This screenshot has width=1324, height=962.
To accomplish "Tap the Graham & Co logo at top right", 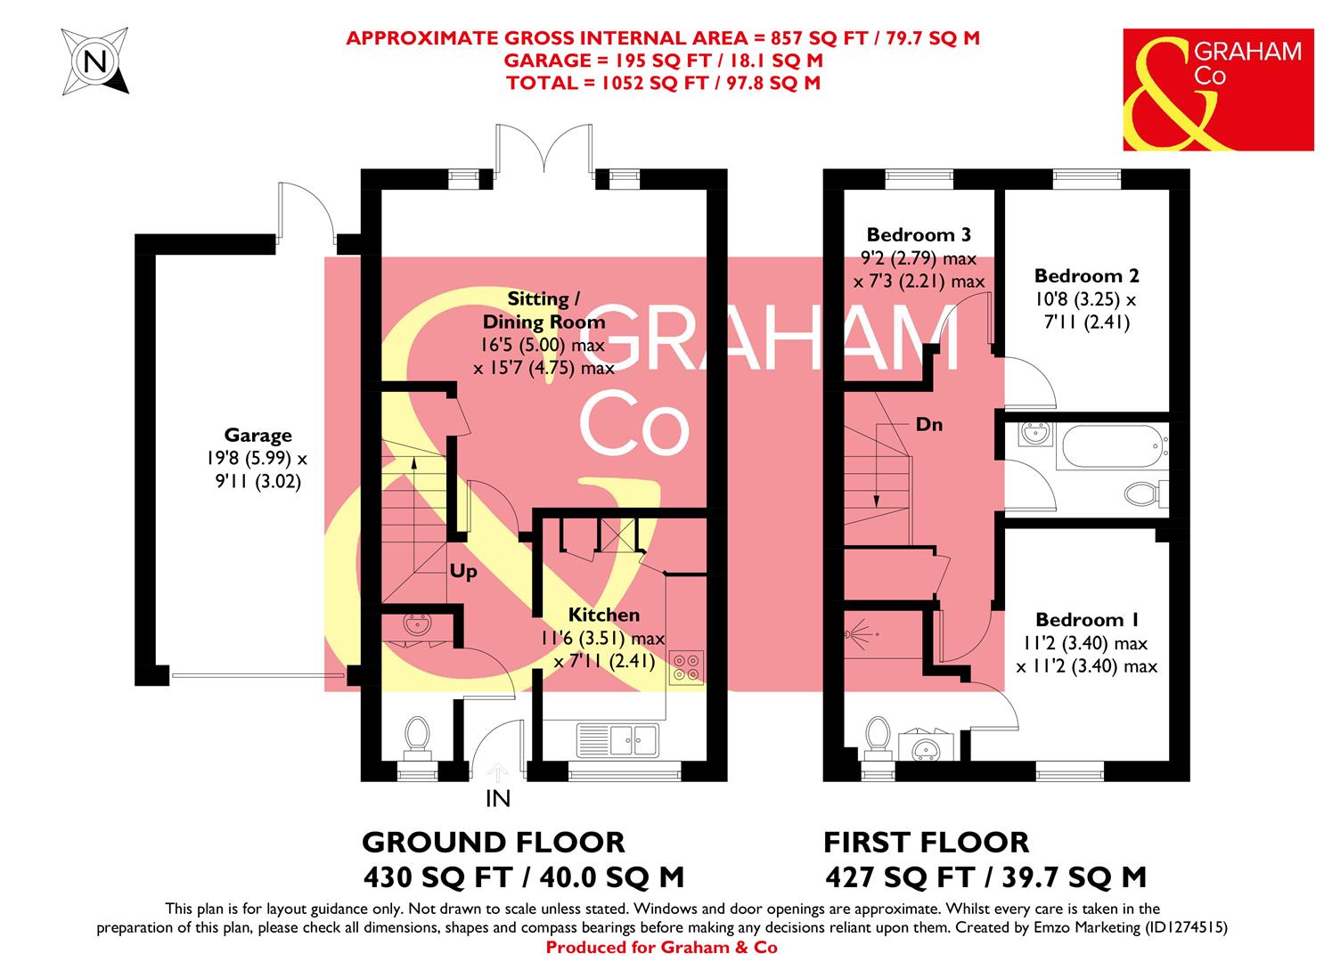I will pyautogui.click(x=1217, y=89).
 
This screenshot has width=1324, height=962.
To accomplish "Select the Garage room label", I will pyautogui.click(x=257, y=436).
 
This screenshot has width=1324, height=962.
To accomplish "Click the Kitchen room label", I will pyautogui.click(x=604, y=615).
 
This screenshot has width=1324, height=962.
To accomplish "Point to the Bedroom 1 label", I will pyautogui.click(x=1086, y=620).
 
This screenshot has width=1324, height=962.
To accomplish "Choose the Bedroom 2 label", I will pyautogui.click(x=1085, y=276).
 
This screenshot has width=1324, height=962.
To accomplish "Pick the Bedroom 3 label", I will pyautogui.click(x=919, y=235).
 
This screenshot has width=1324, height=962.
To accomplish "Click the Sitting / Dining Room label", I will pyautogui.click(x=543, y=310).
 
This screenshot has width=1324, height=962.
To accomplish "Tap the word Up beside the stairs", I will pyautogui.click(x=463, y=572).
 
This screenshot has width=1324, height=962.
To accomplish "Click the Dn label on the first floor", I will pyautogui.click(x=929, y=425).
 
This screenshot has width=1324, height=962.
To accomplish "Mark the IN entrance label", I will pyautogui.click(x=497, y=799).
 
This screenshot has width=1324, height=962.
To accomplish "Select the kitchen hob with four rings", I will pyautogui.click(x=686, y=668).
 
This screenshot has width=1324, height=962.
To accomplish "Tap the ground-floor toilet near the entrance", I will pyautogui.click(x=416, y=735).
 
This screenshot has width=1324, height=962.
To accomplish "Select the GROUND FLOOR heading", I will pyautogui.click(x=493, y=842).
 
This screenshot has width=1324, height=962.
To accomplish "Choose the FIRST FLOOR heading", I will pyautogui.click(x=926, y=842).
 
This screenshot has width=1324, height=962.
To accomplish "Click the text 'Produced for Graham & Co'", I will pyautogui.click(x=661, y=948).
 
